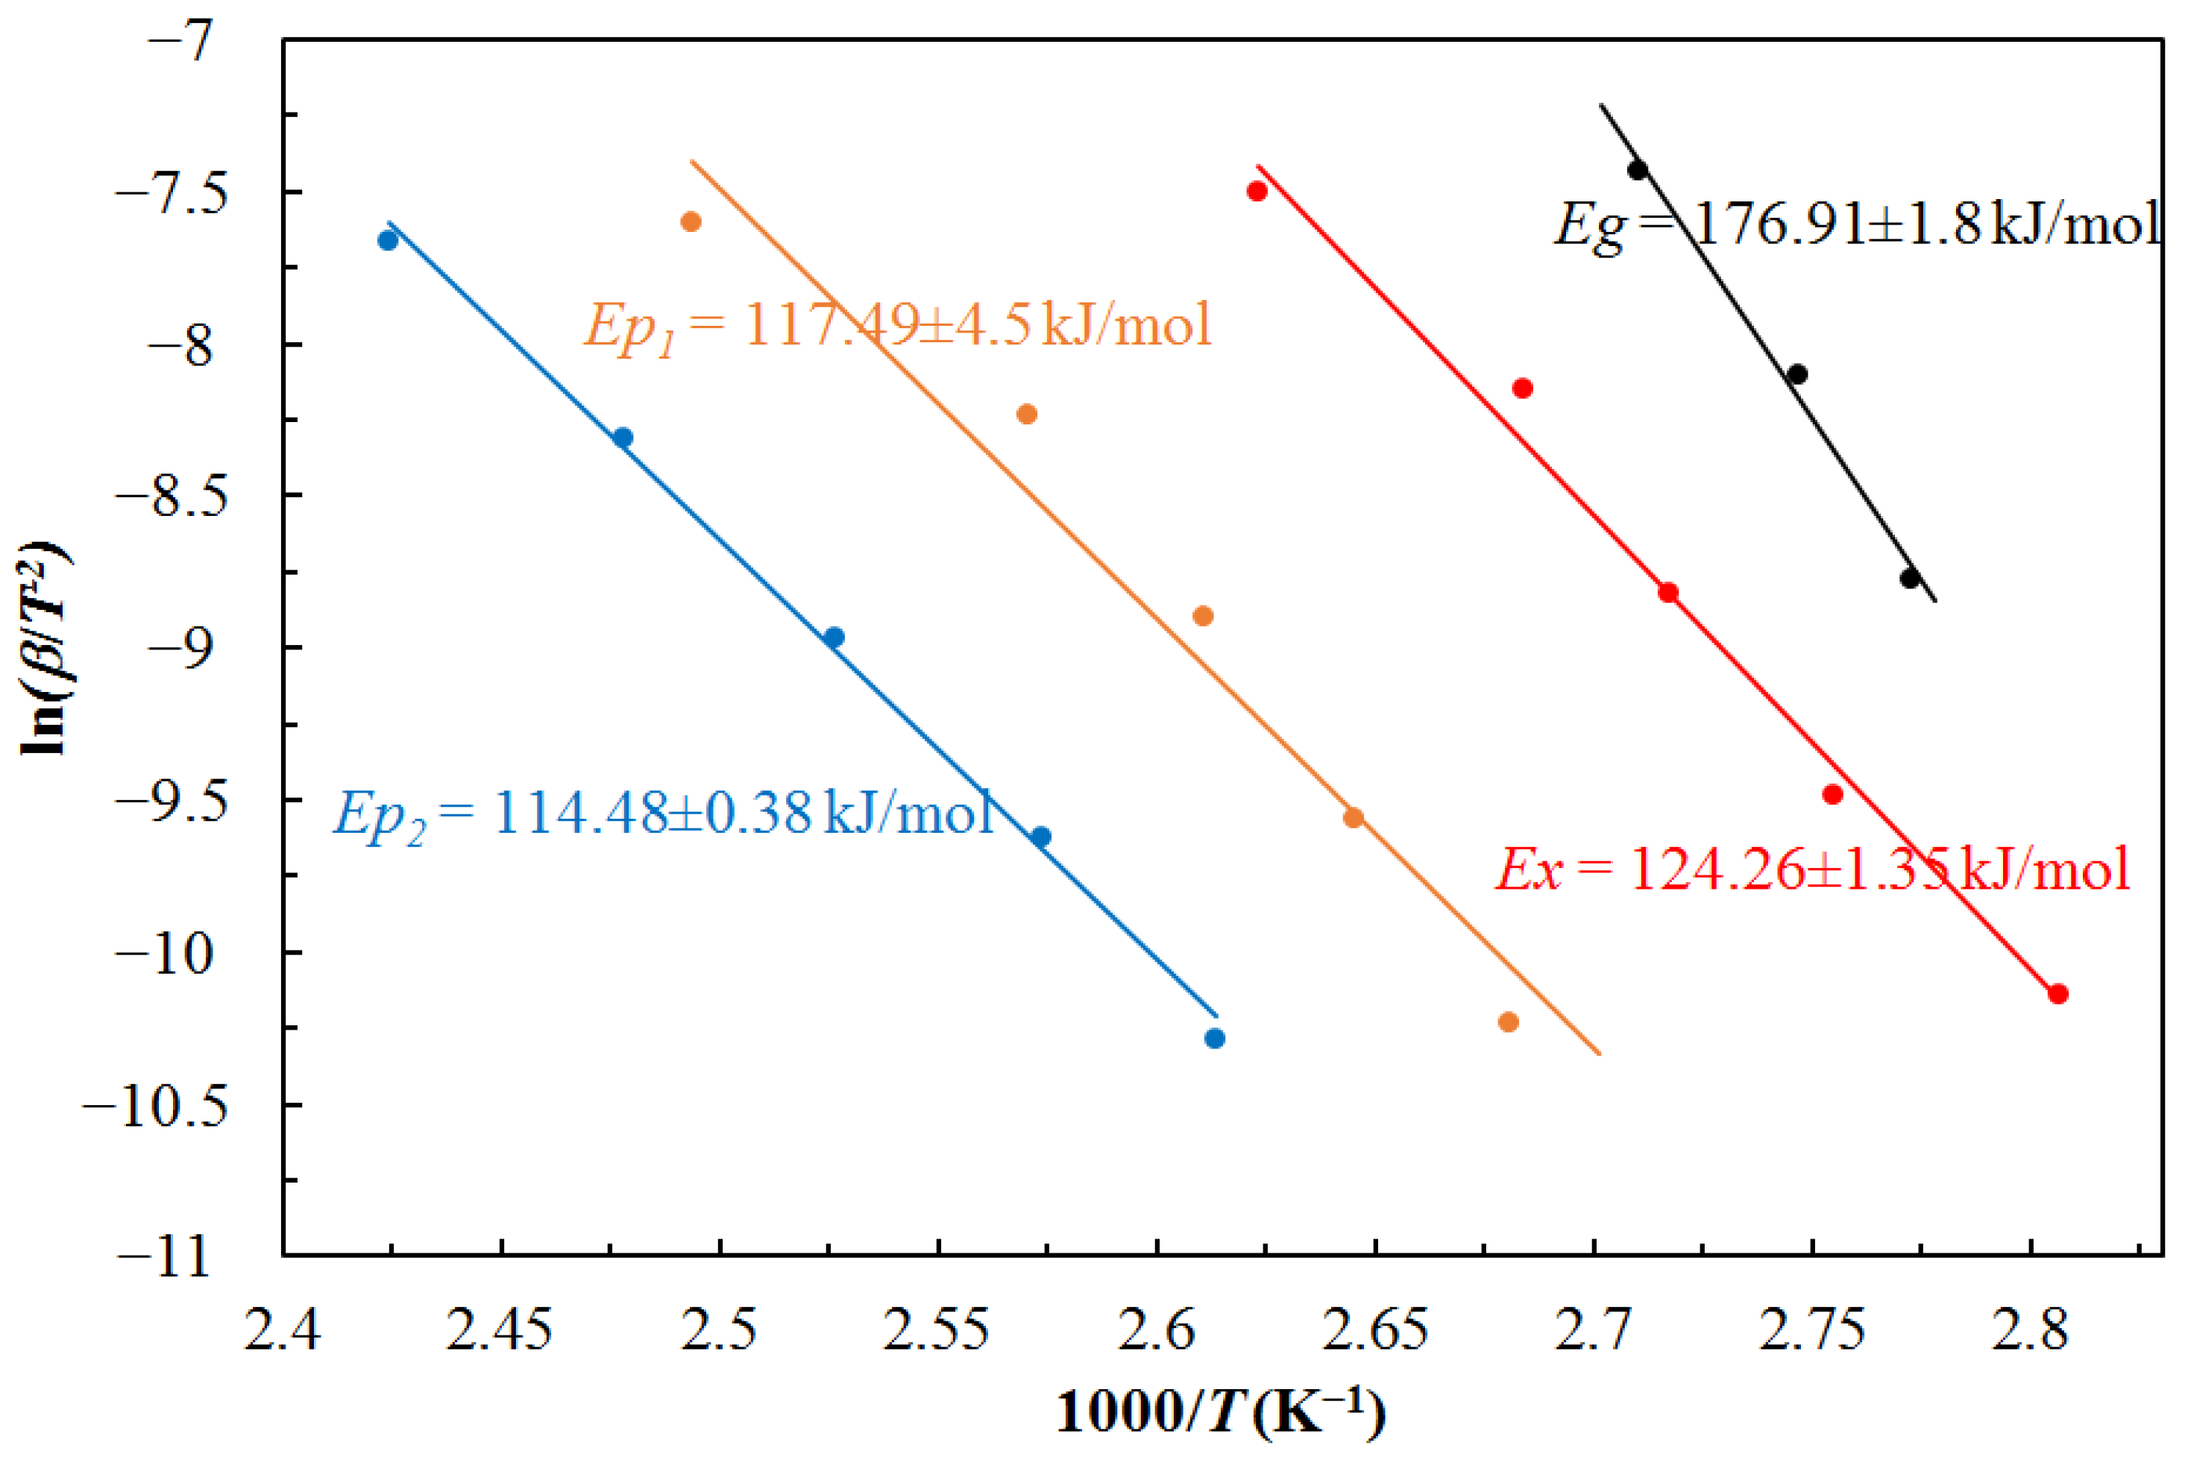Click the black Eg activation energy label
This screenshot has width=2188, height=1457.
click(1856, 226)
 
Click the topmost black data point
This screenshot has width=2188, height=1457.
click(1637, 170)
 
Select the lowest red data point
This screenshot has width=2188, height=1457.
click(2058, 994)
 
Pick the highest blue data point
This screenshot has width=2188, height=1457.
click(389, 241)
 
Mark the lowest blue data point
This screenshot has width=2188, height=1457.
click(1214, 1039)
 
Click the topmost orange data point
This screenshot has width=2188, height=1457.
click(691, 222)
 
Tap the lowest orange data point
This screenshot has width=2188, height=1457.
click(1509, 1022)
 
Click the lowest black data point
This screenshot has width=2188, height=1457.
click(1910, 579)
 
